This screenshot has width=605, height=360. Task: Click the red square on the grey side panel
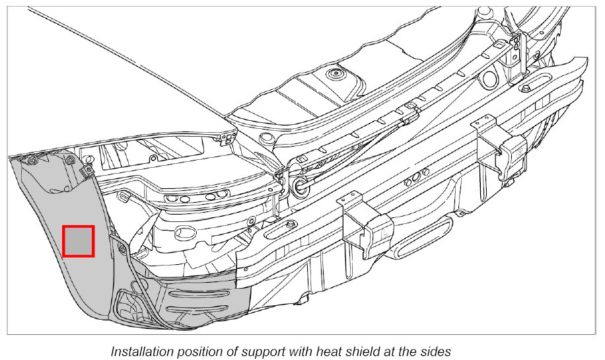78,241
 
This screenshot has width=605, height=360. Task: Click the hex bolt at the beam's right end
524,89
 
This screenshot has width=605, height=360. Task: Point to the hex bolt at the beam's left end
291,227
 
